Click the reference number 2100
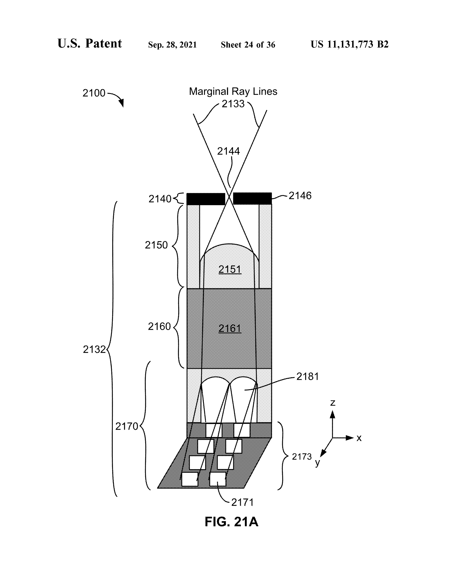coord(94,93)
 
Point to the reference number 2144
coord(228,151)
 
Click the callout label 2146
coord(300,196)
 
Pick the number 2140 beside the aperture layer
coord(160,199)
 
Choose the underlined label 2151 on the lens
coord(230,269)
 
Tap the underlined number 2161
coord(230,328)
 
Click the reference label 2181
coord(307,377)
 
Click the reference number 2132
coord(94,349)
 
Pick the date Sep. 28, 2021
coord(172,45)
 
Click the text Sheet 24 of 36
coord(248,45)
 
